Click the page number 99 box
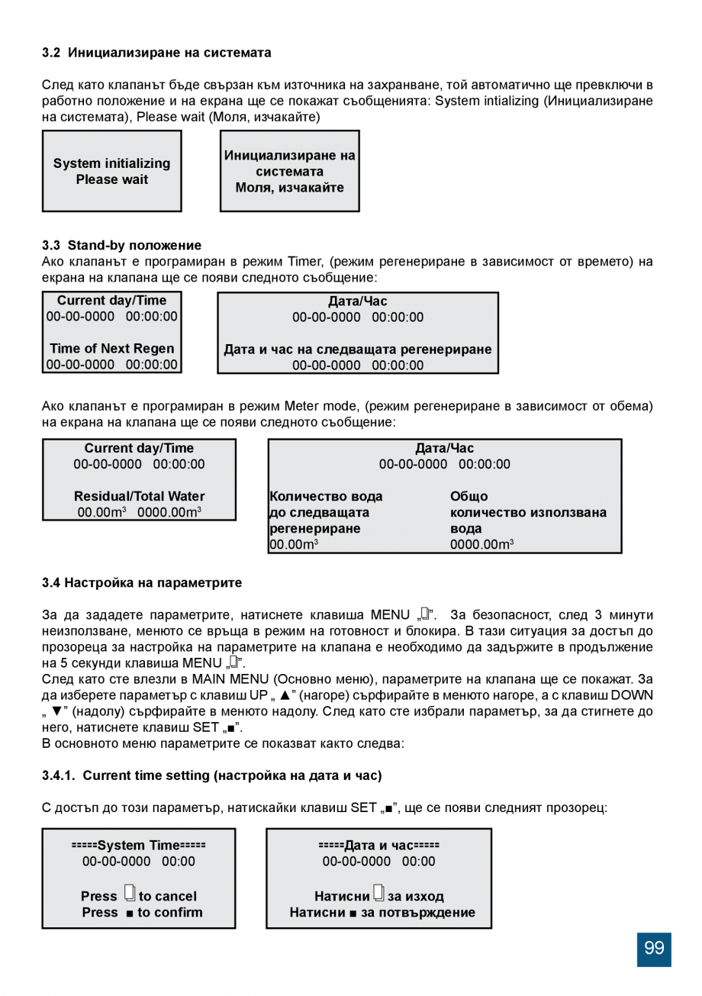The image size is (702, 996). point(654,949)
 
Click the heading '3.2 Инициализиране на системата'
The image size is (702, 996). point(156,53)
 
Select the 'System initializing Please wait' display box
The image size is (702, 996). point(111,171)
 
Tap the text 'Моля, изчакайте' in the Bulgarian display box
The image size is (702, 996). point(289,188)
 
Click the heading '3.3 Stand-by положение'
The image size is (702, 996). point(121,245)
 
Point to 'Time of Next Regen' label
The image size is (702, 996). point(111,349)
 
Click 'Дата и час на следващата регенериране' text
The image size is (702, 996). point(358,350)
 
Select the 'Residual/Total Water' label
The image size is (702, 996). point(139,496)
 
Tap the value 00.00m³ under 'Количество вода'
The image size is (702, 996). point(294,544)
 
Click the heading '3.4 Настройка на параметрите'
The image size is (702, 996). point(141,582)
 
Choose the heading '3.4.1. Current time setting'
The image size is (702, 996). point(211,775)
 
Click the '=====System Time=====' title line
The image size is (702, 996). point(138,845)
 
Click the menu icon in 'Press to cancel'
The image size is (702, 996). point(129,894)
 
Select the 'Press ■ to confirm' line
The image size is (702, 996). point(142,912)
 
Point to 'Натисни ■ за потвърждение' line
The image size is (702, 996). point(382,912)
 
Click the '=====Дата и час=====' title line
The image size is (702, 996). point(378,845)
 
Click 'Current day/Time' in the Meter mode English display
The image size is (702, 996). point(139,448)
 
